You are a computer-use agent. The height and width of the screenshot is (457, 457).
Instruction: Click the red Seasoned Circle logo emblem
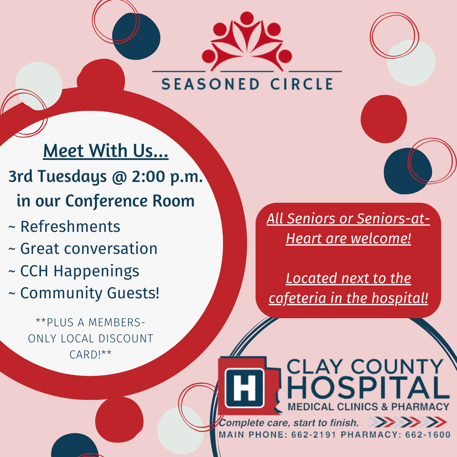pos(247,41)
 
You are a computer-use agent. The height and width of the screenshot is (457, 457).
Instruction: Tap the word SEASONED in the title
pos(210,84)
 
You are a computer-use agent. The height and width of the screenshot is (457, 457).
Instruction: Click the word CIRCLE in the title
pos(302,84)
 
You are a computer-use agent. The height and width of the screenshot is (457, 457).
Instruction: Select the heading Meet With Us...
pos(106,151)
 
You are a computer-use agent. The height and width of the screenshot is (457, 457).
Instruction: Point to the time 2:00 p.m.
pos(167,176)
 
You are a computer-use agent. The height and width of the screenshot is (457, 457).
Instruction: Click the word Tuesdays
pos(72,177)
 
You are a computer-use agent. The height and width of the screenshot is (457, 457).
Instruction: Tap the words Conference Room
pos(130,201)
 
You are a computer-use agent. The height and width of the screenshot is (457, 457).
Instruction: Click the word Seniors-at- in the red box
pos(394,219)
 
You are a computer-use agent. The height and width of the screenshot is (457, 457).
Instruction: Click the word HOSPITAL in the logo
pos(369,388)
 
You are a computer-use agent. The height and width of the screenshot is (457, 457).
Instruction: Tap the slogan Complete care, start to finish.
pos(289,423)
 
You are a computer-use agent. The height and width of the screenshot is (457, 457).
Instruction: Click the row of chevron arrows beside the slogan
pos(407,422)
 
